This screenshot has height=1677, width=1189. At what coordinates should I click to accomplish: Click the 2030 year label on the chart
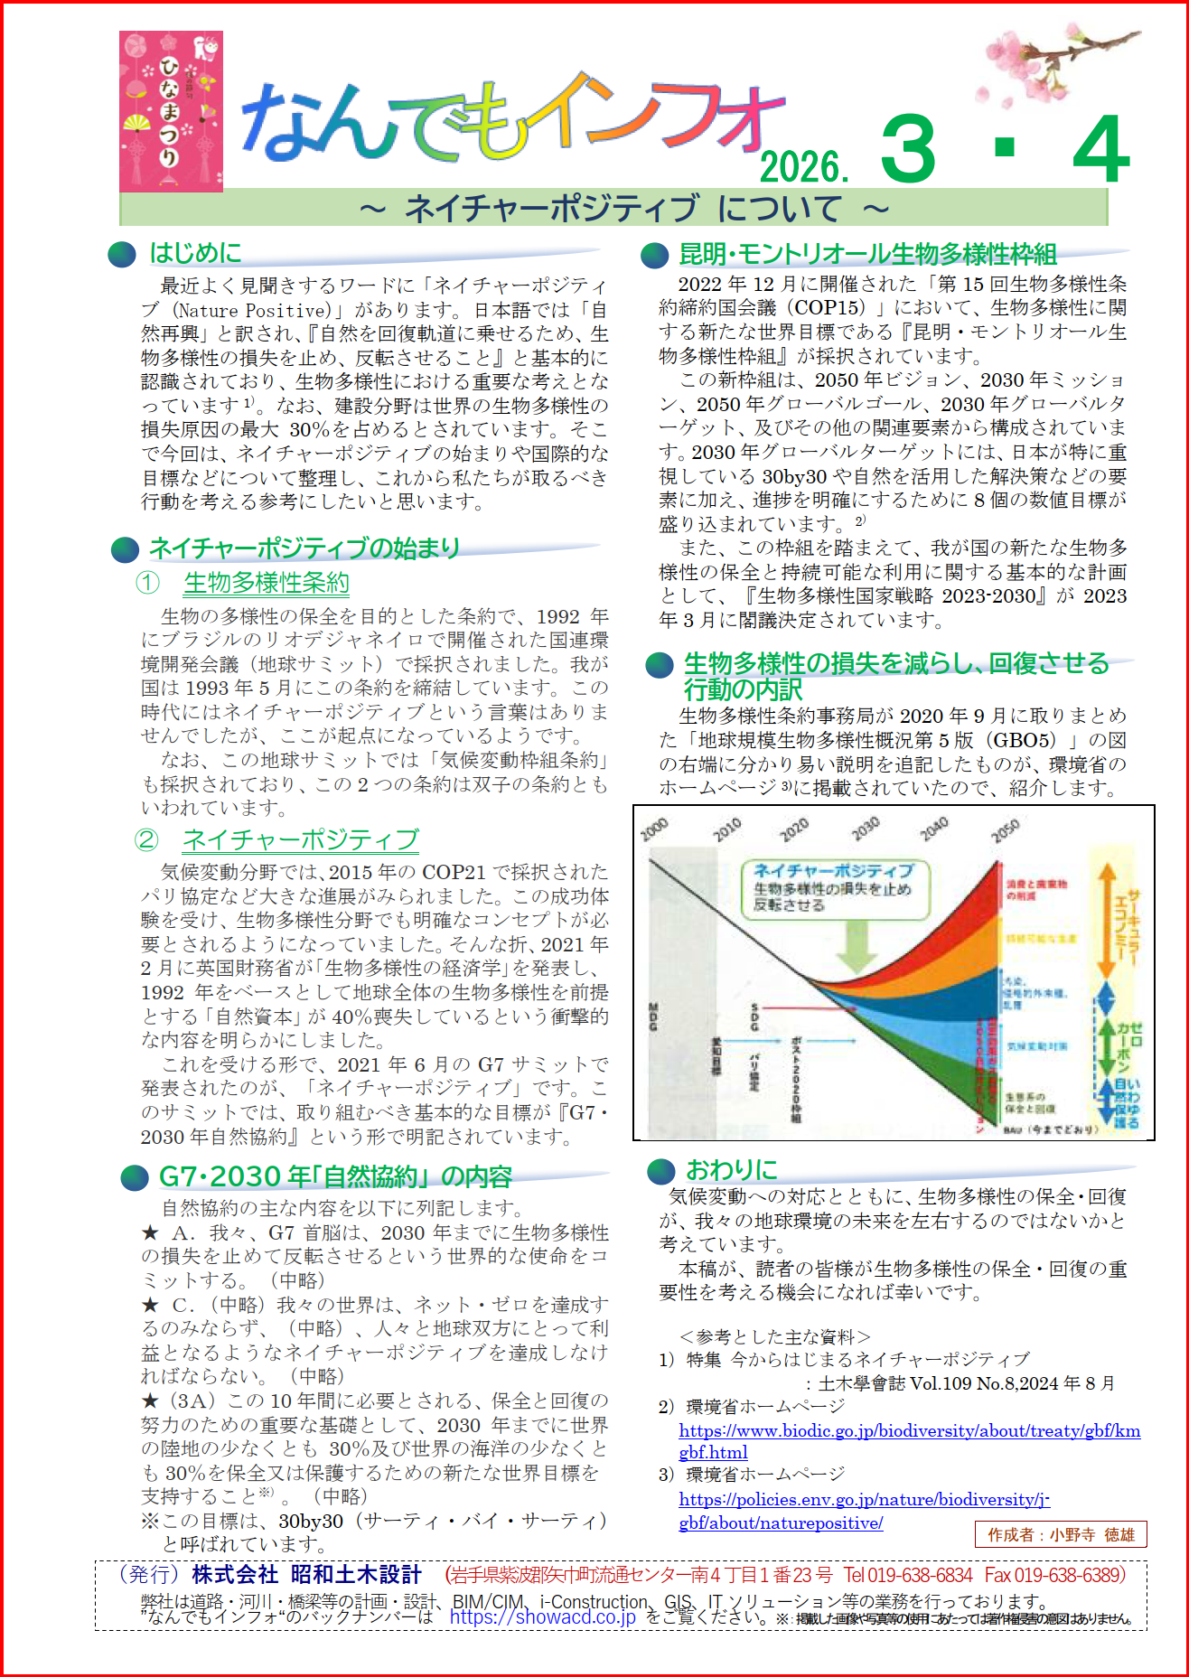coord(865,829)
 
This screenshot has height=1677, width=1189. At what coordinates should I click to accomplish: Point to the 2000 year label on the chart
coord(654,829)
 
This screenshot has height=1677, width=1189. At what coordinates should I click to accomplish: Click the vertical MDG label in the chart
coord(653,1017)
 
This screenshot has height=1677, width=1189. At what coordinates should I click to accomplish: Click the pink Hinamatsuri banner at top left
coord(171,111)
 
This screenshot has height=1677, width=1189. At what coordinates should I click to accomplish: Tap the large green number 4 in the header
coord(1100,150)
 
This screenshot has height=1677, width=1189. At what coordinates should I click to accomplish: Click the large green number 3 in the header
coord(908,150)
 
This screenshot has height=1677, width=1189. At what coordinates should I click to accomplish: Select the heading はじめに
coord(195,253)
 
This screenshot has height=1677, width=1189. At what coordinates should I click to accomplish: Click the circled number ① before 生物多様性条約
coord(147,583)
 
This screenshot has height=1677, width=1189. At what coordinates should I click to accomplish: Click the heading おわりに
coord(731,1170)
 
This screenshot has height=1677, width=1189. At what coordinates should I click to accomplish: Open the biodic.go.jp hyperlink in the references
coord(909,1431)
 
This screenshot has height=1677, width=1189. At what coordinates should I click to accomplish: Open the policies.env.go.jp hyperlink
coord(864,1500)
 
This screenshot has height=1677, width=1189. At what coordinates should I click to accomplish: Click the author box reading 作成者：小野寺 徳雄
coord(1061,1534)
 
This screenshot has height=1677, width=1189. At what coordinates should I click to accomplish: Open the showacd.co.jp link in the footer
coord(542,1617)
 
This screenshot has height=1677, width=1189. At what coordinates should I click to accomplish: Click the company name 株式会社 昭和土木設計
coord(307,1575)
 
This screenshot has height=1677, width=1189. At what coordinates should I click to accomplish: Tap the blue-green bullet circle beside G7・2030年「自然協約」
coord(135,1177)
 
